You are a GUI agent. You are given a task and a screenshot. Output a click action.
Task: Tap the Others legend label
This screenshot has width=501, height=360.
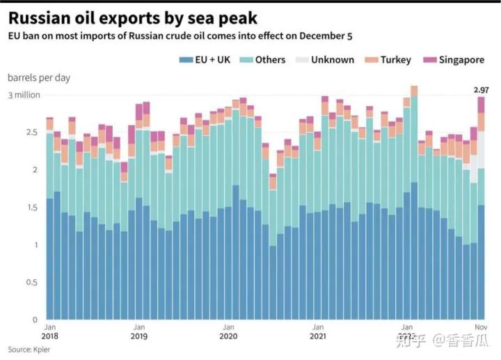click(x=270, y=60)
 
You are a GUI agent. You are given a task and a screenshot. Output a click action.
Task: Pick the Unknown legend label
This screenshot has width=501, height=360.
click(x=333, y=60)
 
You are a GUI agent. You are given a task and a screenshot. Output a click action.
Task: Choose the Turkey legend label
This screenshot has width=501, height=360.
click(x=395, y=60)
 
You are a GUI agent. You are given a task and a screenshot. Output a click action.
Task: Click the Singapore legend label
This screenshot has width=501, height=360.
click(x=461, y=60)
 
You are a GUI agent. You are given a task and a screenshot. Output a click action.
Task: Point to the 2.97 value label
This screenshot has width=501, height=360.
click(x=481, y=90)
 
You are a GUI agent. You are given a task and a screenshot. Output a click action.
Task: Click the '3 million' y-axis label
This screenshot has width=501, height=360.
click(x=24, y=95)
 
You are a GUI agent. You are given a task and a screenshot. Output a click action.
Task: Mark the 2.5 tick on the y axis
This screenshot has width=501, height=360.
click(x=30, y=132)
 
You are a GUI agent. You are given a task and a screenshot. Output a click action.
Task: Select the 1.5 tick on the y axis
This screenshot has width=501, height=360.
click(x=30, y=208)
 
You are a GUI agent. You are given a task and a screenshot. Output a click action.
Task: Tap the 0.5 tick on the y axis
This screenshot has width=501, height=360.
click(x=30, y=283)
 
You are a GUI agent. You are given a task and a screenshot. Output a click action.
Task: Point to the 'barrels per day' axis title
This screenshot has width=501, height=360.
click(x=39, y=78)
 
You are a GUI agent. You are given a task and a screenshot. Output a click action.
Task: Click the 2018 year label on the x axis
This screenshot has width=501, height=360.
click(x=50, y=336)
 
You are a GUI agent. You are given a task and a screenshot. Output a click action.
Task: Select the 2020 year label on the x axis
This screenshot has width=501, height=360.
click(x=228, y=336)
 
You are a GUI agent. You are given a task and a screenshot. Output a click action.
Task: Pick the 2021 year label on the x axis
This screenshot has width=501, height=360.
click(x=317, y=336)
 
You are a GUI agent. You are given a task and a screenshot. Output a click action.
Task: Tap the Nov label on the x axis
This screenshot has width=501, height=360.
click(x=481, y=327)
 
